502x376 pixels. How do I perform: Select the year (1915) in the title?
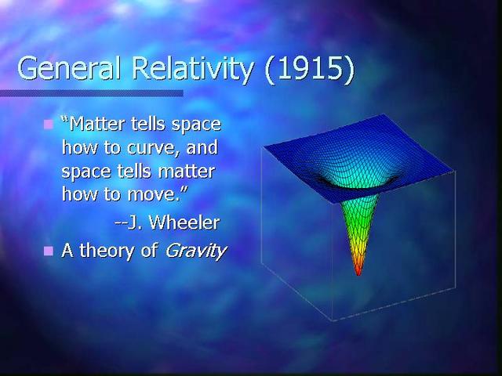(309, 69)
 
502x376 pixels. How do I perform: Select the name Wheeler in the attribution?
(184, 222)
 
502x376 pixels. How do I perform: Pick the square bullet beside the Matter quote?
(48, 124)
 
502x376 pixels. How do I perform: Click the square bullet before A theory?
(48, 251)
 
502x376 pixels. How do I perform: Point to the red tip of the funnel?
(358, 271)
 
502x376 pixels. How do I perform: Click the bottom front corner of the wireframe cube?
(333, 320)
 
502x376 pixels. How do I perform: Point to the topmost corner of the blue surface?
(384, 115)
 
